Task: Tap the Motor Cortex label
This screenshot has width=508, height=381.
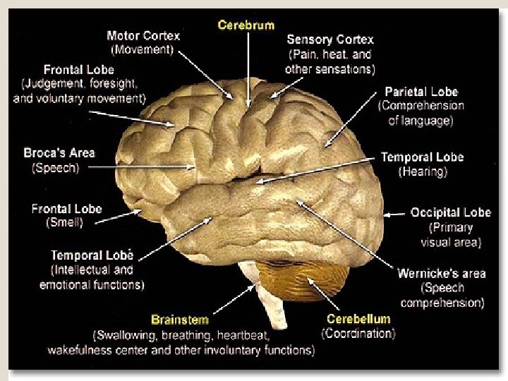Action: click(x=143, y=36)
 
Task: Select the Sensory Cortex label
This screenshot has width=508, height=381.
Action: click(x=330, y=40)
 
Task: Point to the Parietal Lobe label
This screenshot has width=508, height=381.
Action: click(x=421, y=92)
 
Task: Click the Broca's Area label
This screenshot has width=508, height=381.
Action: click(x=59, y=152)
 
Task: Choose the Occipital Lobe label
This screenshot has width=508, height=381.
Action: click(x=450, y=212)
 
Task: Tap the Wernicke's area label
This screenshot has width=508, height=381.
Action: click(x=442, y=274)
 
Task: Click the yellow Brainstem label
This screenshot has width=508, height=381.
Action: click(x=179, y=320)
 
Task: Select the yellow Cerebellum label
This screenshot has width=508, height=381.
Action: click(x=358, y=319)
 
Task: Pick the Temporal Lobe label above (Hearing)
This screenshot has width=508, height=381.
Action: click(x=422, y=157)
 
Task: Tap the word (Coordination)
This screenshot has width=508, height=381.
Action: click(x=358, y=334)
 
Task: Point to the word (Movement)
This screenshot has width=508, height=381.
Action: click(x=143, y=49)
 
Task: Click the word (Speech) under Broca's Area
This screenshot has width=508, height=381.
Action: click(x=56, y=168)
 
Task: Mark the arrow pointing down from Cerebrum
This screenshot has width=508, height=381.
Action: click(x=248, y=67)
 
